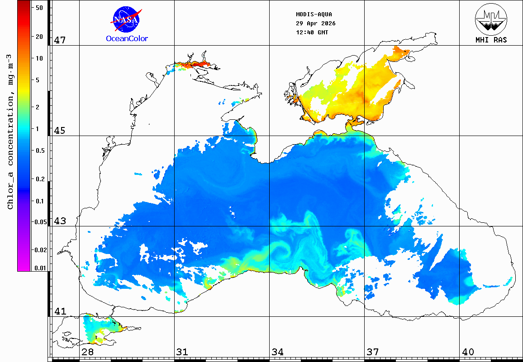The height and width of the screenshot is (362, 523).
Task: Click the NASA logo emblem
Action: click(126, 19)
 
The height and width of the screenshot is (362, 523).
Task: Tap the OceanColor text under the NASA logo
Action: click(127, 39)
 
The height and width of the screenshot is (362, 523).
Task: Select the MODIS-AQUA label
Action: click(314, 14)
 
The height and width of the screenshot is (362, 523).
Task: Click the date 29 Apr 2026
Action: click(315, 24)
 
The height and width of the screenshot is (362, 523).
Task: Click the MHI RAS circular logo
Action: click(491, 19)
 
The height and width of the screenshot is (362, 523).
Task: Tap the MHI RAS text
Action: click(491, 40)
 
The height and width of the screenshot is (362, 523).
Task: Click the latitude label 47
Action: click(60, 40)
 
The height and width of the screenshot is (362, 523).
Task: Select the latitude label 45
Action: click(60, 131)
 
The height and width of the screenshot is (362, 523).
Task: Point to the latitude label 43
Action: click(60, 221)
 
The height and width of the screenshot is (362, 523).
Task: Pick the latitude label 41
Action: click(60, 311)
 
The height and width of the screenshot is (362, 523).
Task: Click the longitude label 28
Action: click(88, 352)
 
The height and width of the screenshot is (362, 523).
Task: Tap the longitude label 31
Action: click(182, 352)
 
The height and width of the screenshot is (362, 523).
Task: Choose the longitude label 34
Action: click(277, 352)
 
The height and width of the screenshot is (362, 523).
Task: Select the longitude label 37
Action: click(373, 352)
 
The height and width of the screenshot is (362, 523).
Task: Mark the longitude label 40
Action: click(468, 352)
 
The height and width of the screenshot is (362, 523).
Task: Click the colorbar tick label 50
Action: click(39, 8)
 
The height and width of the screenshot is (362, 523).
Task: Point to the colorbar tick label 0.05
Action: click(41, 222)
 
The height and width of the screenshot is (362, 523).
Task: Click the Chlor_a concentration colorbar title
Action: click(10, 132)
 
